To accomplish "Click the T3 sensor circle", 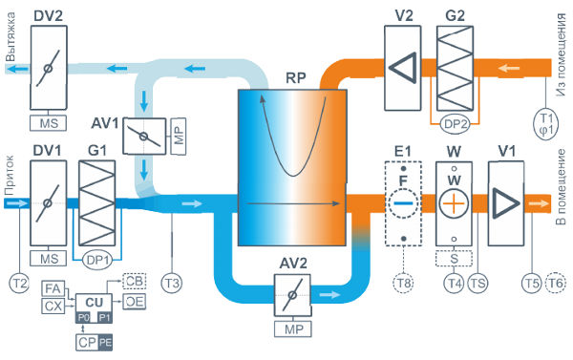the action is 172,283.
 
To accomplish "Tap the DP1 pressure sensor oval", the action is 97,261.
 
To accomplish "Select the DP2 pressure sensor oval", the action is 455,124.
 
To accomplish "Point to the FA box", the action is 53,288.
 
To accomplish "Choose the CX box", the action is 53,306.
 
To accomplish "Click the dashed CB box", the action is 134,281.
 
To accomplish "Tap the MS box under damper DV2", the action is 49,123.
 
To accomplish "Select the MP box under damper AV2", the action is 293,329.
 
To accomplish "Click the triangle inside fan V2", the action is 403,68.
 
